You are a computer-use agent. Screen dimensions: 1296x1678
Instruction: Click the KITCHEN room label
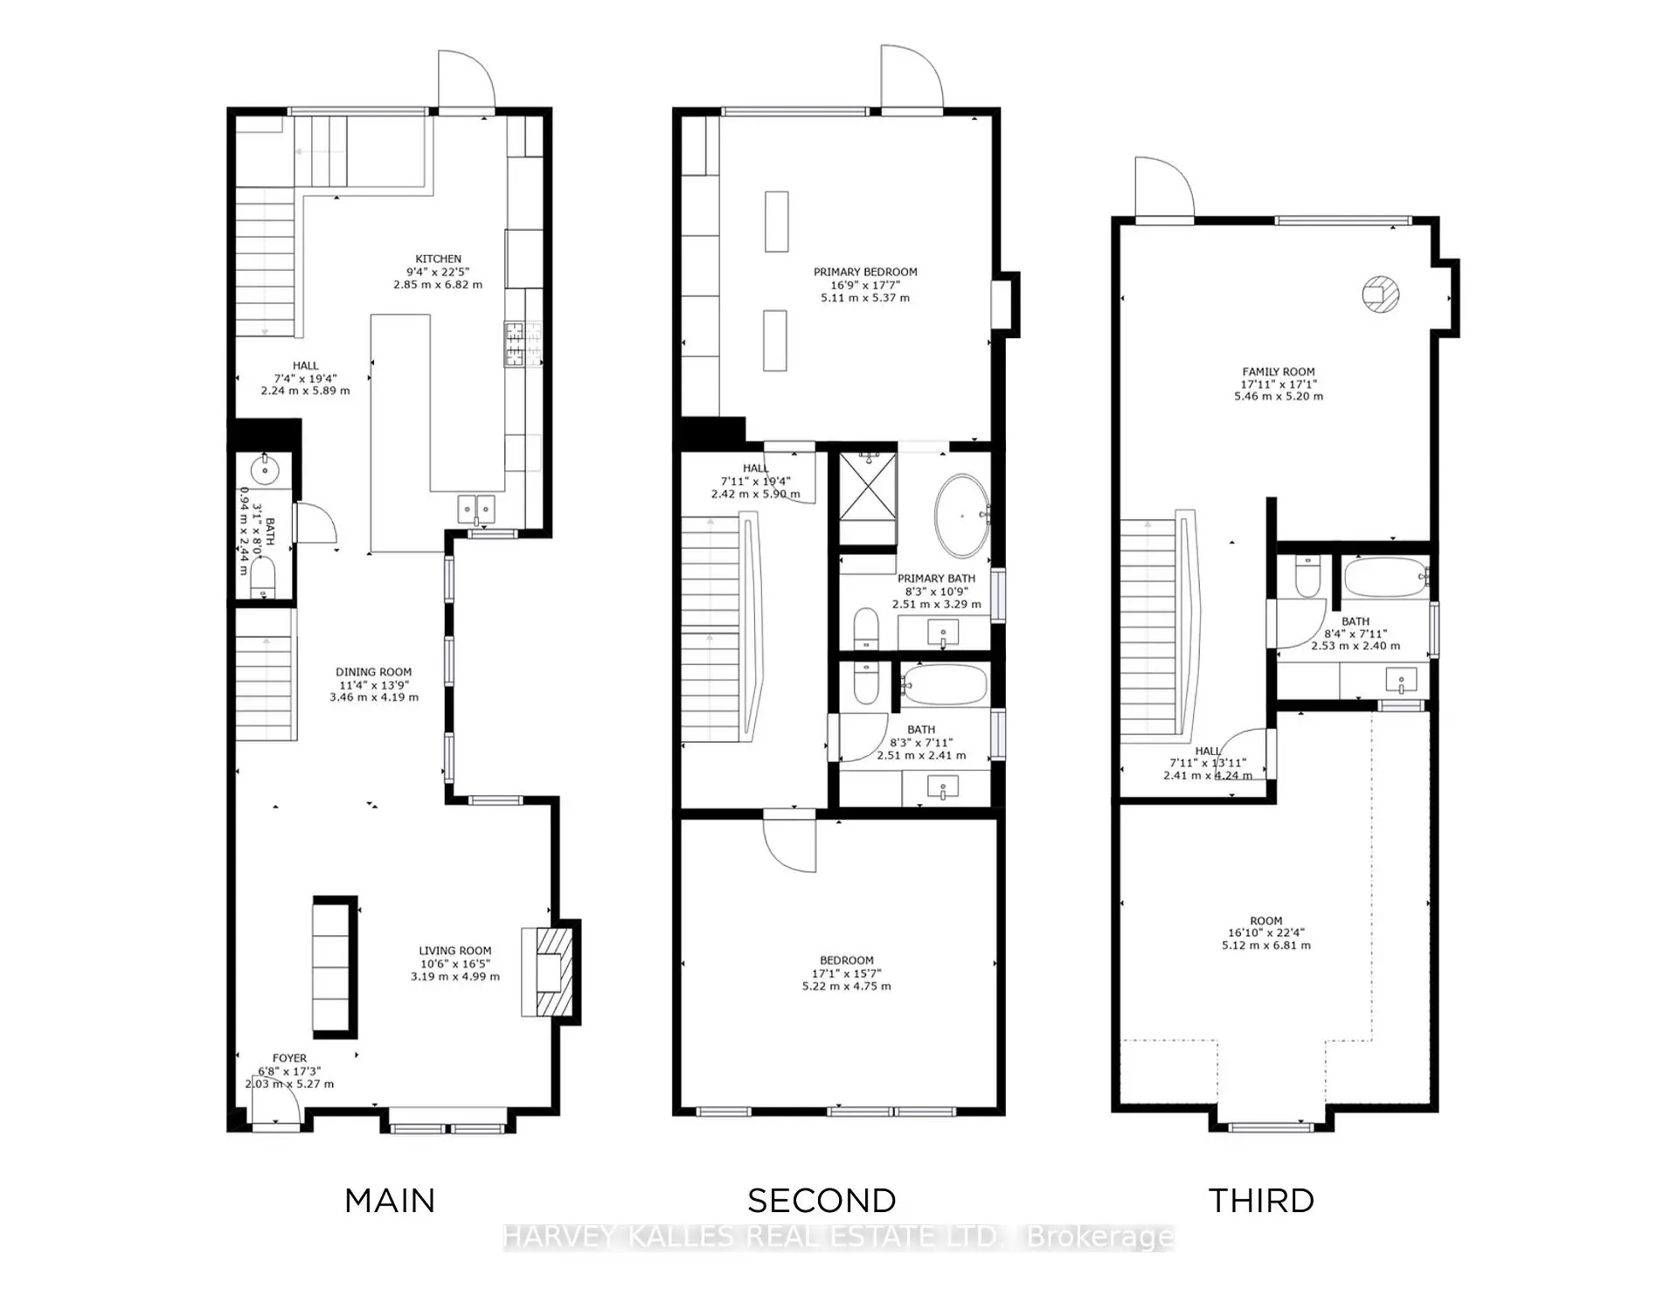(438, 259)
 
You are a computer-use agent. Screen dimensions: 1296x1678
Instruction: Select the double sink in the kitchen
(476, 509)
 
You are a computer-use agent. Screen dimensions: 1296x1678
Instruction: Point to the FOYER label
(289, 1058)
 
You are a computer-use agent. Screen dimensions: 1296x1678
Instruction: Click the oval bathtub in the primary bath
(962, 516)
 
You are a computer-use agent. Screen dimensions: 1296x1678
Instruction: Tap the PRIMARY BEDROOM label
(865, 272)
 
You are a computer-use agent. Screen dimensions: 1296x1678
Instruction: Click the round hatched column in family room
(1380, 295)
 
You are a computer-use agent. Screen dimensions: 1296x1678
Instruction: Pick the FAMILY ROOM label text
(1278, 371)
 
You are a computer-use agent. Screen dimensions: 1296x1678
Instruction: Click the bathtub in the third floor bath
(1384, 578)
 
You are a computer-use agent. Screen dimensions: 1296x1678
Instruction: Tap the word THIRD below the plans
(1261, 1201)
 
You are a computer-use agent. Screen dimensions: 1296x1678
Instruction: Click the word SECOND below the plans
(822, 1201)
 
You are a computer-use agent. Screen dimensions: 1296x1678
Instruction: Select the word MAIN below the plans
(390, 1201)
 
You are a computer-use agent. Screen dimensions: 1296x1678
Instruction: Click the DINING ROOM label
(373, 672)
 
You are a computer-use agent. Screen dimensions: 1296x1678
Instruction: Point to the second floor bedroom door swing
(789, 842)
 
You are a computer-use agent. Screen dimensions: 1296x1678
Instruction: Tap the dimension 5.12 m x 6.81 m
(1265, 946)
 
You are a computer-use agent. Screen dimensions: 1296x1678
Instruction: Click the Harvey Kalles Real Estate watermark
(838, 1237)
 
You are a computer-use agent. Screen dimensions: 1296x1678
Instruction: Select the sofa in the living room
(335, 967)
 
